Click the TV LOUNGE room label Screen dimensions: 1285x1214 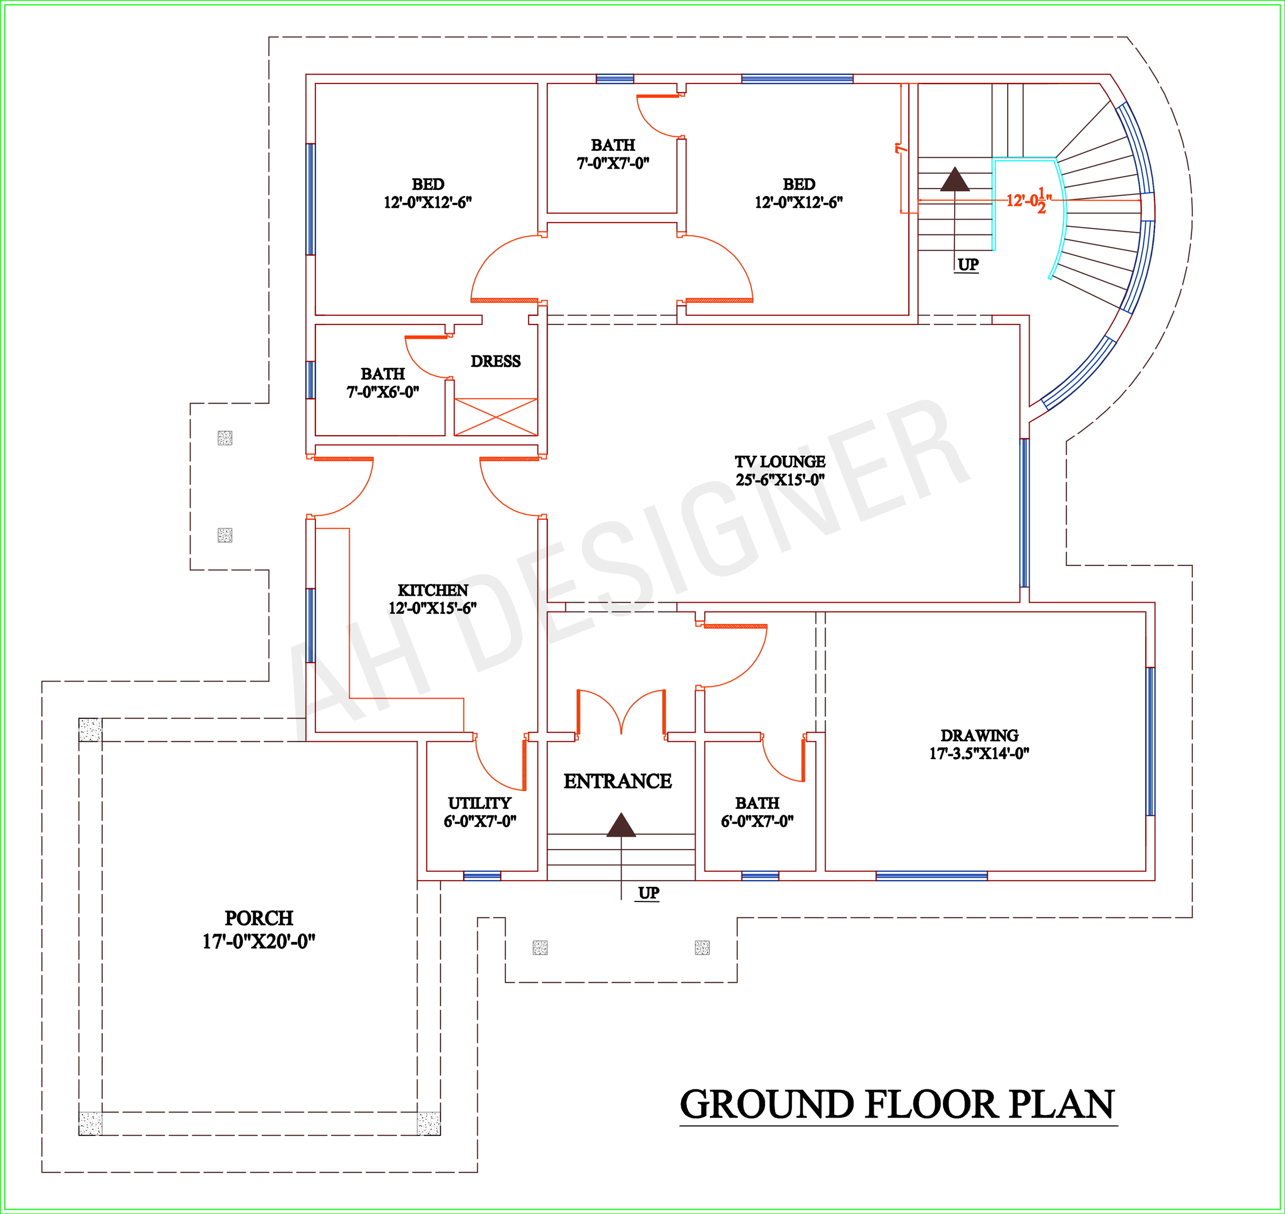coord(780,461)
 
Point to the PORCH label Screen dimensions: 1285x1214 coord(259,917)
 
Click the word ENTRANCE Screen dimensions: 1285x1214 coord(617,781)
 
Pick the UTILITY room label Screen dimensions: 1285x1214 coord(480,802)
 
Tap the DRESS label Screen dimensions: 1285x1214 coord(495,361)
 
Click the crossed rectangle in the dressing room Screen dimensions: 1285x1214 coord(496,417)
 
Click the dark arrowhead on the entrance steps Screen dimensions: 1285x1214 coord(621,824)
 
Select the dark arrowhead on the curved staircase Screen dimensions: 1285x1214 coord(955,179)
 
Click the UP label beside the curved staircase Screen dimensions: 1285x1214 coord(968,264)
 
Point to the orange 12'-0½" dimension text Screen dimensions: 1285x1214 coord(1029,200)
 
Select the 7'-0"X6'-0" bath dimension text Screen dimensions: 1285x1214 coord(383,391)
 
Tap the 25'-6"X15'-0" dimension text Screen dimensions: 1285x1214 coord(780,480)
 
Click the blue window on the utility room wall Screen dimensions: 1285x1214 coord(482,876)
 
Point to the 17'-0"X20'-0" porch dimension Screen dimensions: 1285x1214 coord(259,941)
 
